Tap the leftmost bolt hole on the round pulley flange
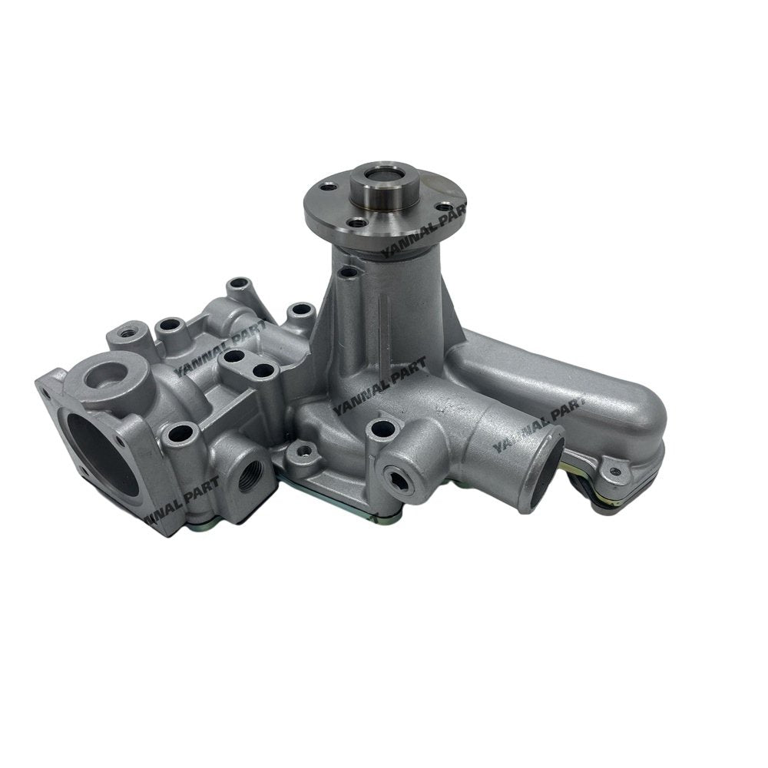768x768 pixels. point(329,186)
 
